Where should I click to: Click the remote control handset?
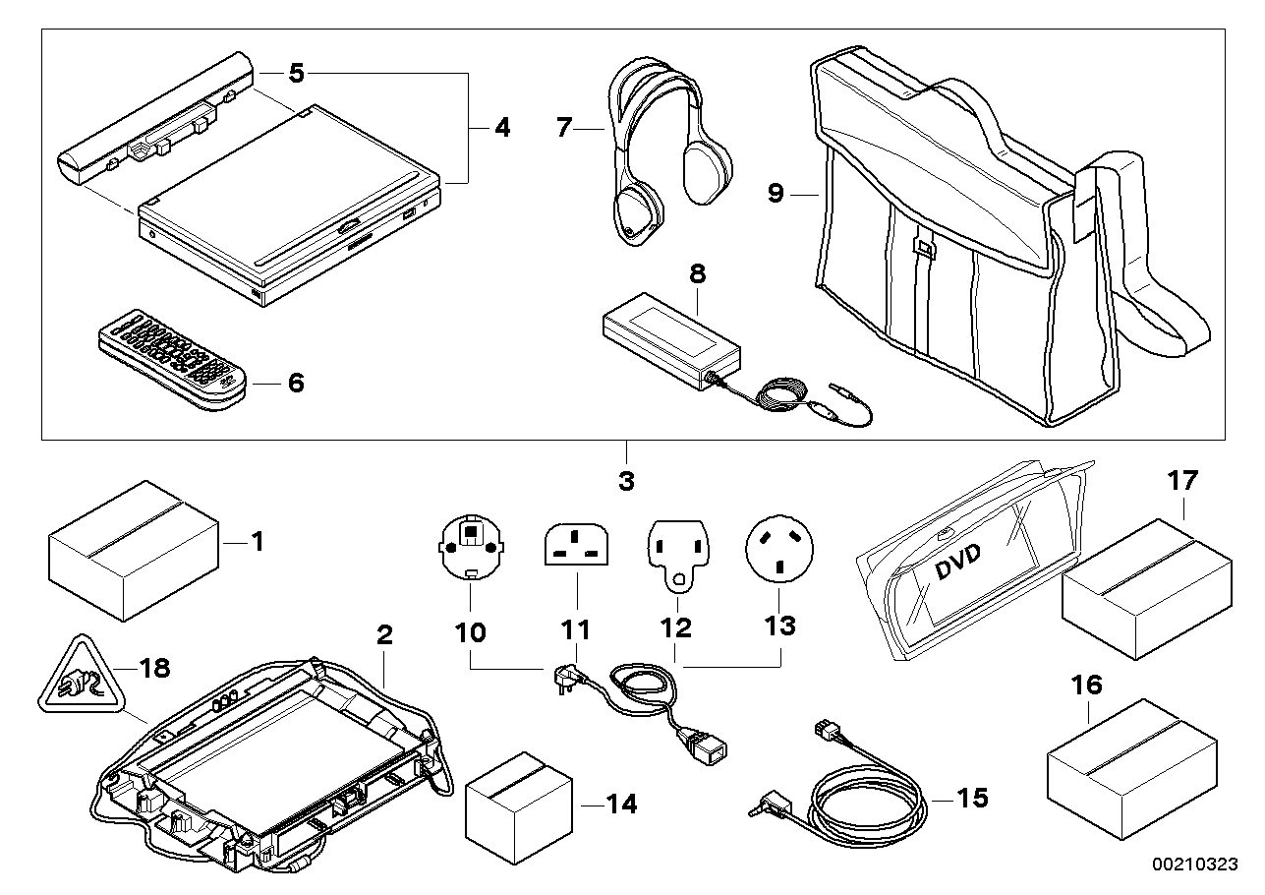click(173, 359)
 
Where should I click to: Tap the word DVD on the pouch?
click(957, 562)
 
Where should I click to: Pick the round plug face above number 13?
click(779, 549)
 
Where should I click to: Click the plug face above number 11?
click(577, 544)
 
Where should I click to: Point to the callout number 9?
click(776, 193)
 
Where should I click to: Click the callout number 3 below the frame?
click(626, 481)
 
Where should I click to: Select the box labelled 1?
click(134, 551)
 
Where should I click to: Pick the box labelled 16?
click(1132, 769)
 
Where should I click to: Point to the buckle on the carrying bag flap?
click(925, 248)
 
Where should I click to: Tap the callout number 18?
click(154, 668)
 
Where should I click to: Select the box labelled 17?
click(1147, 589)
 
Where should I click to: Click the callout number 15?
click(972, 798)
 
